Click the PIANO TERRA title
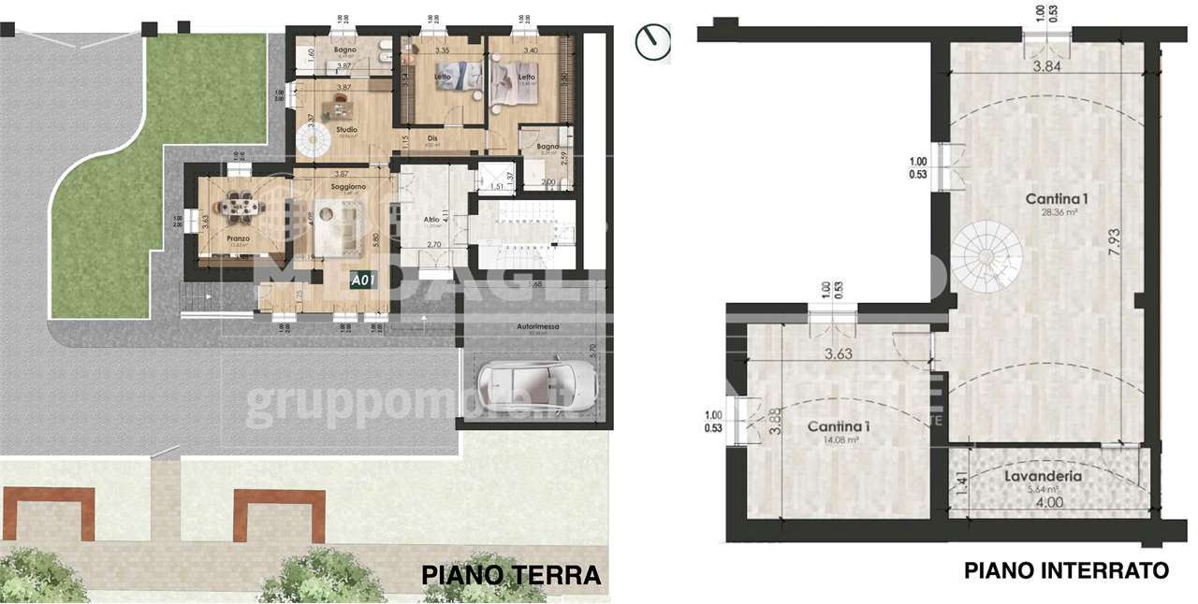point(511,574)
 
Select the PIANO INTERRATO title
point(1066,569)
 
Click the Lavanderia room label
point(1043,476)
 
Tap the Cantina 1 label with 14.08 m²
point(839,426)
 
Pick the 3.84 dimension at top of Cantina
point(1052,66)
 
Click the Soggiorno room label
point(346,187)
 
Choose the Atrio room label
point(431,220)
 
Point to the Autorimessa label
point(537,326)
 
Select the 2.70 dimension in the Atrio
point(434,244)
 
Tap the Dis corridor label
point(431,138)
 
